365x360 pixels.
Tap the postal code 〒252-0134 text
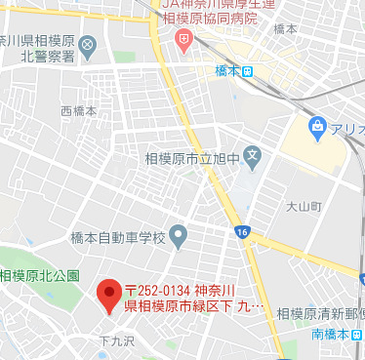click(x=159, y=291)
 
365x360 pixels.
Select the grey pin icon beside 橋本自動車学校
click(x=178, y=235)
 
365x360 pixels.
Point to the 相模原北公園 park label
click(x=40, y=276)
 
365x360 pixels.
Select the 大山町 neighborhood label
click(x=304, y=207)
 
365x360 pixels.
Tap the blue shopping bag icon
click(x=317, y=127)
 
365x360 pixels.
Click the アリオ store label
click(x=347, y=129)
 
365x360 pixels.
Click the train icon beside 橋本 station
click(x=249, y=70)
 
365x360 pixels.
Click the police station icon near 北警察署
click(x=88, y=45)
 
